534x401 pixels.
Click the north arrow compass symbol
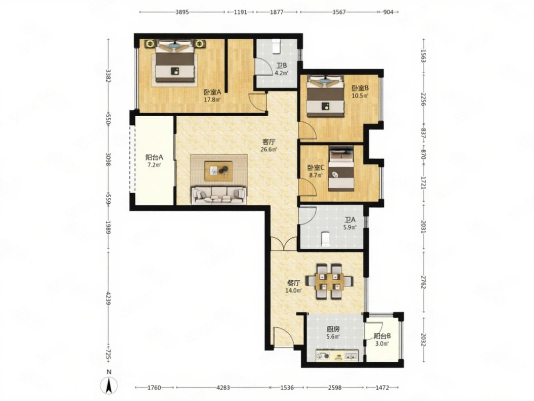pos(109,385)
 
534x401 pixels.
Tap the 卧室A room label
pos(212,92)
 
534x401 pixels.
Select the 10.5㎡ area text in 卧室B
pos(360,96)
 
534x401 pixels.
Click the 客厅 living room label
pos(269,142)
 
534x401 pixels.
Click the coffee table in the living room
pos(218,171)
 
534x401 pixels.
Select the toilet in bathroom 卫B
pos(276,47)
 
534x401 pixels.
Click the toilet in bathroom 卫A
pos(325,240)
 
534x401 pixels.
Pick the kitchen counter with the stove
pos(337,356)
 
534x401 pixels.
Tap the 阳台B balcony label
pos(383,336)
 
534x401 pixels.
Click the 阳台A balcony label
pos(154,157)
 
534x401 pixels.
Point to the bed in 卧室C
pos(341,168)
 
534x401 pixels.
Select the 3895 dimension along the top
pos(182,12)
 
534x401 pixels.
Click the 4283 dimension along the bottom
pos(223,388)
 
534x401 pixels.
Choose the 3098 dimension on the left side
pos(109,160)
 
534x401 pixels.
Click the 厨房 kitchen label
pos(333,329)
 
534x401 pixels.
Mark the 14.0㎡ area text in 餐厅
pos(294,290)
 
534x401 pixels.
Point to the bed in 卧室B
pos(325,96)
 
